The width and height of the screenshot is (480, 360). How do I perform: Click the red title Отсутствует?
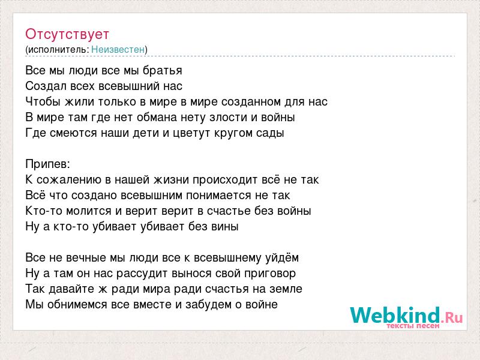pyautogui.click(x=67, y=34)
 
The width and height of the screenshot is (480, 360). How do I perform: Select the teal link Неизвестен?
pyautogui.click(x=118, y=49)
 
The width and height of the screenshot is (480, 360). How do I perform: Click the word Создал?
pyautogui.click(x=46, y=86)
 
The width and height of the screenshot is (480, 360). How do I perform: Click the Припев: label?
pyautogui.click(x=48, y=164)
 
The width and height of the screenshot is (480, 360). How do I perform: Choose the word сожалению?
pyautogui.click(x=69, y=180)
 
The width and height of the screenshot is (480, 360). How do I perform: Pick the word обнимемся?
pyautogui.click(x=77, y=305)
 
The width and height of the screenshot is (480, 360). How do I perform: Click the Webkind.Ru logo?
pyautogui.click(x=406, y=316)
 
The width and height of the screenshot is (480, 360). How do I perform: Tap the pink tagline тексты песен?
pyautogui.click(x=413, y=326)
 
